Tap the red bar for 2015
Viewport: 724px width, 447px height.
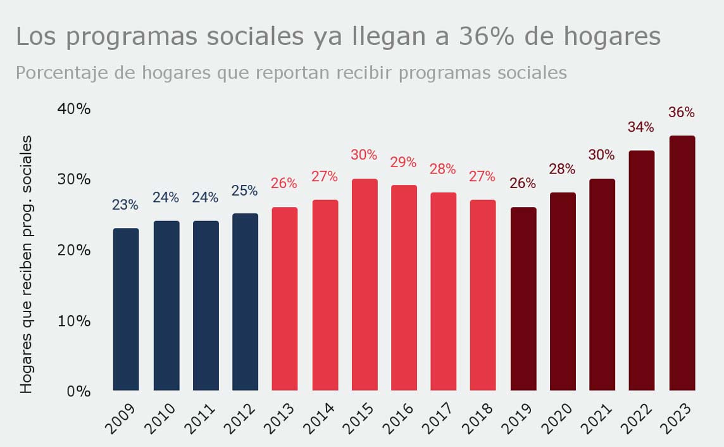click(365, 284)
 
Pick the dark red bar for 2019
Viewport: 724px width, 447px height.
click(523, 298)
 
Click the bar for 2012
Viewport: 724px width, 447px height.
click(245, 301)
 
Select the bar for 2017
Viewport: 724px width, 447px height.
click(444, 291)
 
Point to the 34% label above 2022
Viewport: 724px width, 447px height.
click(641, 127)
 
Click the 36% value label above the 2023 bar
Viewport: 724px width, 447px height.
click(682, 113)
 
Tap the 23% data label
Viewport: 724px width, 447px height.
click(125, 205)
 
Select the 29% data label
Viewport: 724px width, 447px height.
click(403, 162)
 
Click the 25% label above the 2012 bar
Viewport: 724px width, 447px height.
click(244, 191)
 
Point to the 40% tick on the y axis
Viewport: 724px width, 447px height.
click(74, 108)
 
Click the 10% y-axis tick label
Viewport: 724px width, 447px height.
click(74, 320)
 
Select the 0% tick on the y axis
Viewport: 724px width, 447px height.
click(78, 391)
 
